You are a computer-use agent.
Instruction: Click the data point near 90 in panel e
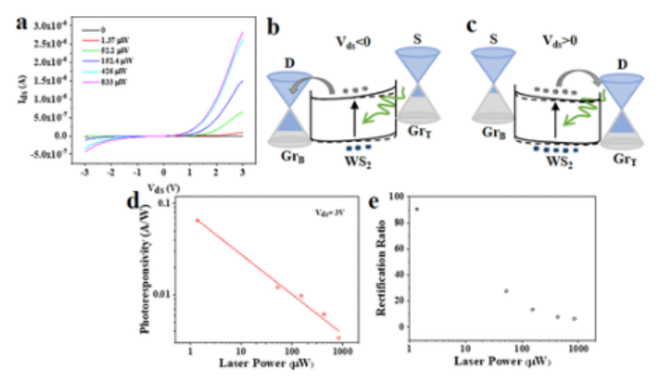[416, 209]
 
